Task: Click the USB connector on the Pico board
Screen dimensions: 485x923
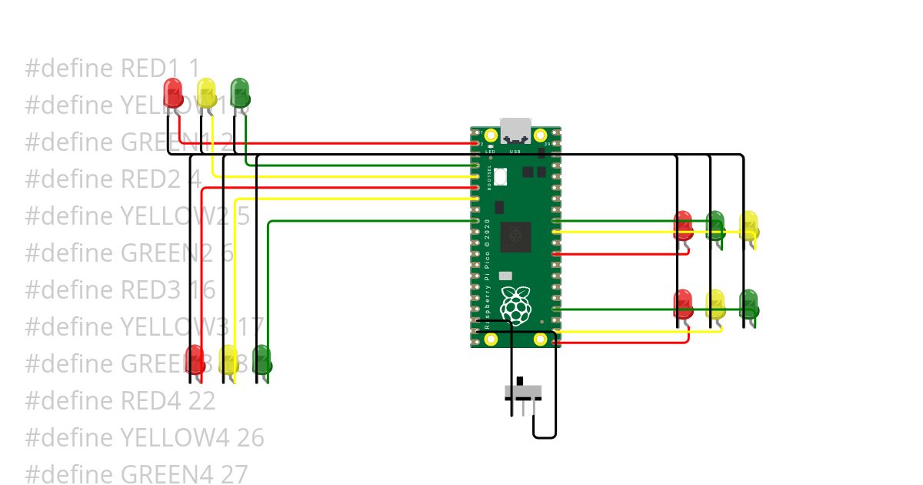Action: [515, 131]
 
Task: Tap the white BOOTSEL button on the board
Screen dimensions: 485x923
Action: [501, 176]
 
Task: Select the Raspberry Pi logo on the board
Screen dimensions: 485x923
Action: [515, 305]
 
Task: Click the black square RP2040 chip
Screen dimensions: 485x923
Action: [515, 236]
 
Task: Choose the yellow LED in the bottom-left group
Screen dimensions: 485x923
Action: [228, 360]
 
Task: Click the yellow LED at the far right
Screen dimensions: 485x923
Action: [749, 225]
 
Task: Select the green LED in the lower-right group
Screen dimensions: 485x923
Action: [749, 304]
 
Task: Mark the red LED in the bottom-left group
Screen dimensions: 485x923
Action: [195, 360]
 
